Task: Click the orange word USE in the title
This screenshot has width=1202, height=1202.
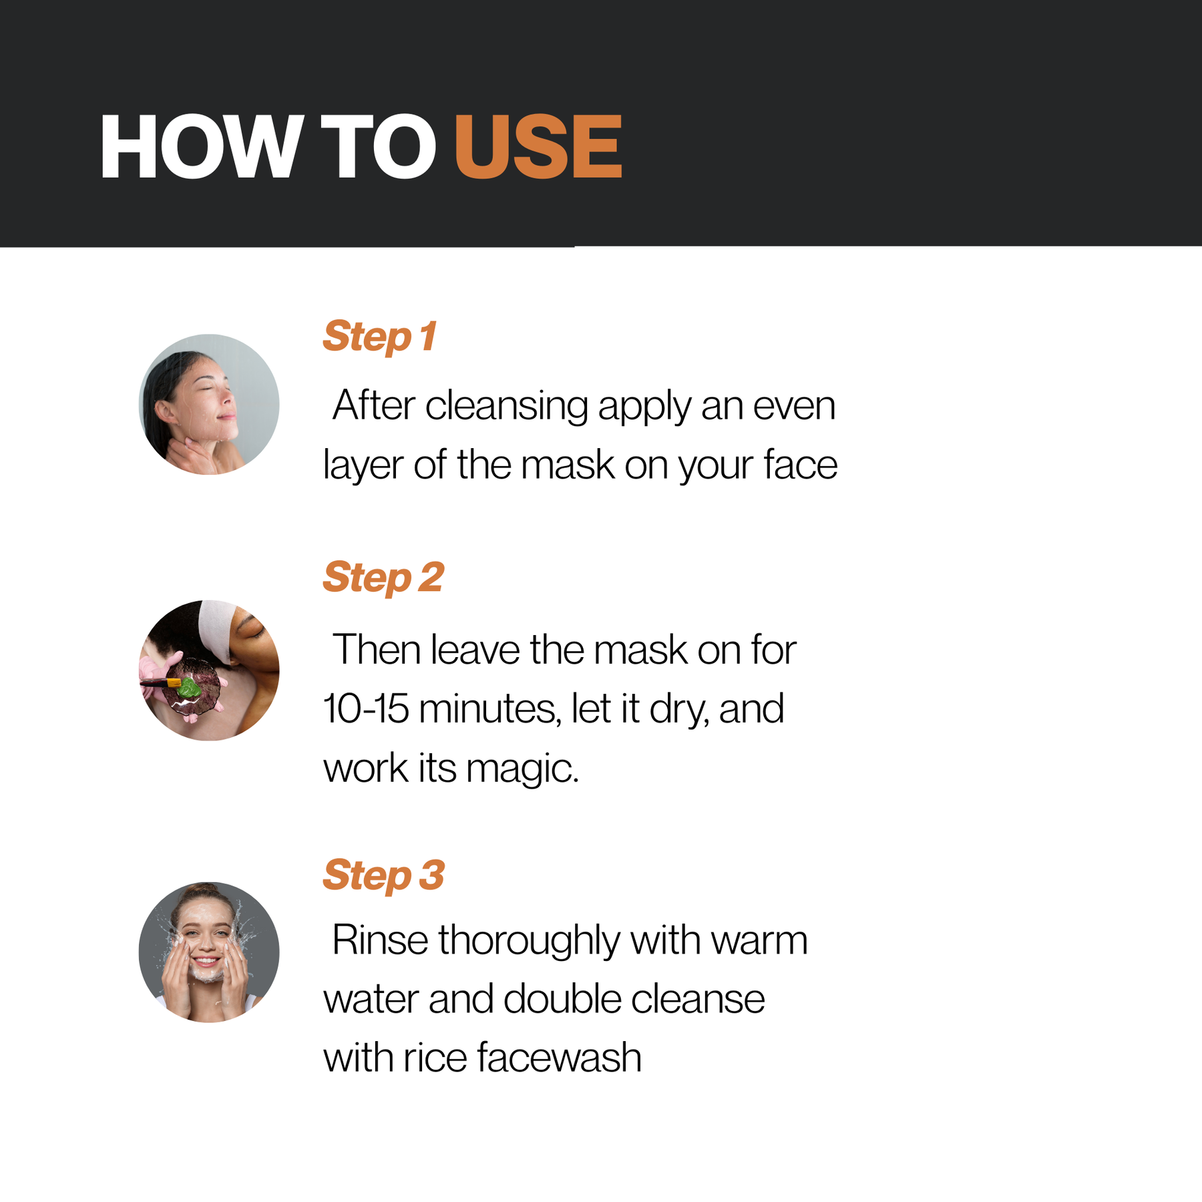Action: pyautogui.click(x=538, y=147)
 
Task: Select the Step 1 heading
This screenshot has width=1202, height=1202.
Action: pyautogui.click(x=379, y=337)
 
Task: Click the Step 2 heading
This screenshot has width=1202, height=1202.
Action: pyautogui.click(x=383, y=578)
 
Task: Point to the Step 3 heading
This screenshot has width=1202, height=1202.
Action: pyautogui.click(x=383, y=876)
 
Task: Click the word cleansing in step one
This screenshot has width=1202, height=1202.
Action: pyautogui.click(x=506, y=407)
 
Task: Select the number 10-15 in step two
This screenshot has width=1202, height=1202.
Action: pyautogui.click(x=366, y=709)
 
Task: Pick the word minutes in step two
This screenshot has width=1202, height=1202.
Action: pyautogui.click(x=489, y=709)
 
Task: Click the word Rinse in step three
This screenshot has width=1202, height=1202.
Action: pyautogui.click(x=380, y=940)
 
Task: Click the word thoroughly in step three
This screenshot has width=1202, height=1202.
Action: pyautogui.click(x=529, y=942)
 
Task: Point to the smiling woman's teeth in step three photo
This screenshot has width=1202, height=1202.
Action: pyautogui.click(x=206, y=962)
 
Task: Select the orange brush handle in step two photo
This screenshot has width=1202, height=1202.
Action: pyautogui.click(x=173, y=682)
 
